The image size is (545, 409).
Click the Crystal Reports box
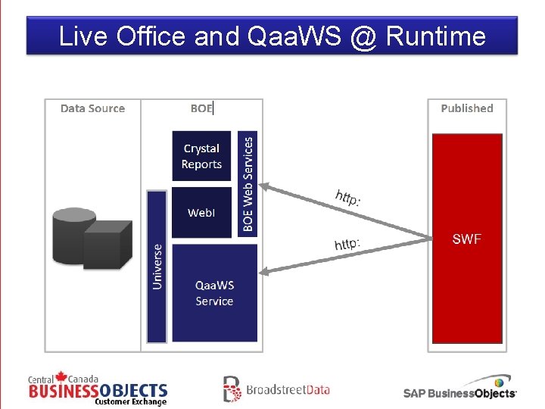click(201, 157)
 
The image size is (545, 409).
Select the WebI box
click(201, 213)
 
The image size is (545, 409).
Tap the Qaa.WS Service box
click(214, 293)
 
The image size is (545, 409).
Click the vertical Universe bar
click(157, 265)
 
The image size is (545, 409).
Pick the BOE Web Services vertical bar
click(248, 183)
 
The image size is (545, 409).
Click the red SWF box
click(466, 239)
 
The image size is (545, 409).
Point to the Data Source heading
click(92, 108)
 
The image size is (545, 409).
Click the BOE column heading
click(201, 108)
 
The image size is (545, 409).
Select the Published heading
click(466, 108)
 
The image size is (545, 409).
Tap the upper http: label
click(348, 198)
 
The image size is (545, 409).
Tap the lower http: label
click(347, 244)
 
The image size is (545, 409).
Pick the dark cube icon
click(107, 245)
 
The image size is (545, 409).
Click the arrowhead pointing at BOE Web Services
click(266, 184)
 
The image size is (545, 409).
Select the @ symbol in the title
click(364, 36)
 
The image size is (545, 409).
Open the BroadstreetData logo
click(276, 389)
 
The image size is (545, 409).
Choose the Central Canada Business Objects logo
click(98, 389)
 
